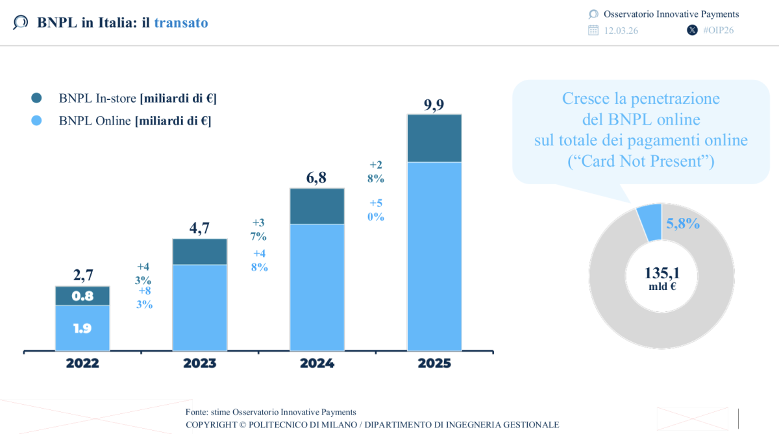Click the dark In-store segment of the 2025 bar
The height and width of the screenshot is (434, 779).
tap(434, 138)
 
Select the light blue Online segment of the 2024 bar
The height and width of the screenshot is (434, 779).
tap(317, 287)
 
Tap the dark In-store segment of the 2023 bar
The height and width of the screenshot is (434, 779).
tap(199, 252)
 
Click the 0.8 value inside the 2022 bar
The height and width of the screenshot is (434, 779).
tap(82, 296)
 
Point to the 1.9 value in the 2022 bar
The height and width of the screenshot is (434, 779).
tap(82, 328)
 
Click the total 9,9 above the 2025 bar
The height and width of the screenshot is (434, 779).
tap(434, 104)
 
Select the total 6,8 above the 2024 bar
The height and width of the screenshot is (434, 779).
tap(317, 178)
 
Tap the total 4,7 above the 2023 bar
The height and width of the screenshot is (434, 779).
tap(199, 228)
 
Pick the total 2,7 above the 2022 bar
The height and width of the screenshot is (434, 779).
tap(82, 275)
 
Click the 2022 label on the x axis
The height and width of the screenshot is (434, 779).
tap(82, 363)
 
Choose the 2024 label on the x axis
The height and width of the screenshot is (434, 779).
tap(317, 363)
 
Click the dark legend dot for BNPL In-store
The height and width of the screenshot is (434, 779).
tap(36, 98)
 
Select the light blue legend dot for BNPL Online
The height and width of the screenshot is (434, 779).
tap(36, 120)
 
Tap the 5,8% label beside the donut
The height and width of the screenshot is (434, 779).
tap(683, 224)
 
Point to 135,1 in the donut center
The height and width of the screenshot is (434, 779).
tap(662, 273)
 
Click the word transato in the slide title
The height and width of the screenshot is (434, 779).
tap(181, 23)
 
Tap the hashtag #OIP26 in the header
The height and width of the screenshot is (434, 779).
tap(719, 30)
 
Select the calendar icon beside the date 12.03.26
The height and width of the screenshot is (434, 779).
tap(593, 30)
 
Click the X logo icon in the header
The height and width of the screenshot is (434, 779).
tap(692, 30)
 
